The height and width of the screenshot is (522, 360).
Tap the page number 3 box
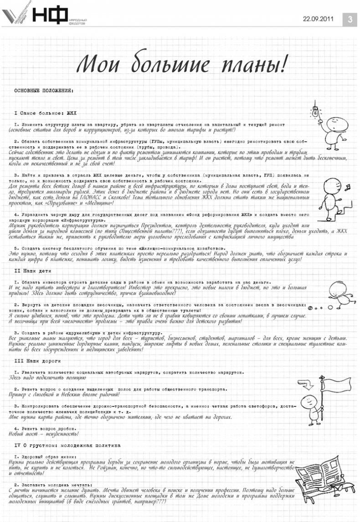coord(350,19)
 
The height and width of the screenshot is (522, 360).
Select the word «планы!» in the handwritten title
coord(253,64)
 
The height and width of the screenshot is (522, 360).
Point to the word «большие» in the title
coord(169,65)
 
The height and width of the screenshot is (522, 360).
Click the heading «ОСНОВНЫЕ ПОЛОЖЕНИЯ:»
coord(43,91)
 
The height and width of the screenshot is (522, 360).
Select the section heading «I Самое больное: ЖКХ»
coord(46,112)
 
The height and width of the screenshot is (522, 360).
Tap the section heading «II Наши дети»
coord(31,271)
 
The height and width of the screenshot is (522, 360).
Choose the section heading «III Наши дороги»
coord(35,360)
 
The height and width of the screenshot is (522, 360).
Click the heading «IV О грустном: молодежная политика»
coord(67,445)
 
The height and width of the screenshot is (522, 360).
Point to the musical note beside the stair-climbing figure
coord(345,187)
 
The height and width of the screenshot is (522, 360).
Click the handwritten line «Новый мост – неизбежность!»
coord(44,434)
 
